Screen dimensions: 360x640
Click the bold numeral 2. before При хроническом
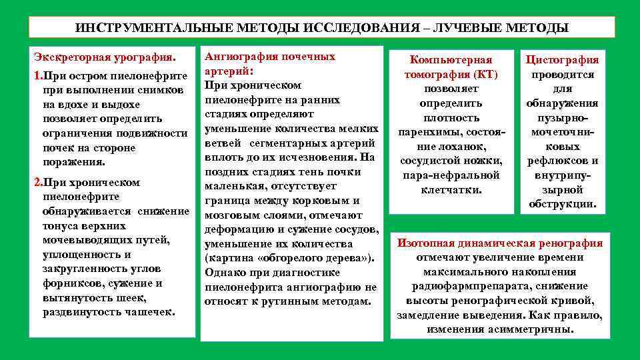coord(38,182)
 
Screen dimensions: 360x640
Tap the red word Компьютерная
coord(451,60)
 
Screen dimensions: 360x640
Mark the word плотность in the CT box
coord(451,117)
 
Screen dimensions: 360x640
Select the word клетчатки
coord(451,190)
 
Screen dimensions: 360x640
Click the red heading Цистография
coord(563,60)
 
